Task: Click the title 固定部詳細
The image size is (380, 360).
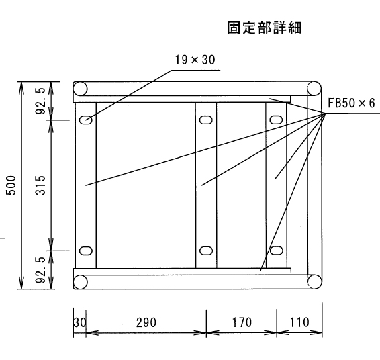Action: click(265, 28)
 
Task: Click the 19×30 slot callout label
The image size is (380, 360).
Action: click(195, 60)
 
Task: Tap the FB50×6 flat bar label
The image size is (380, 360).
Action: click(351, 103)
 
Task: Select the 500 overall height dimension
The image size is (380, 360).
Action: click(11, 185)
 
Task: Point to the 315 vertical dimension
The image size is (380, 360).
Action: click(40, 185)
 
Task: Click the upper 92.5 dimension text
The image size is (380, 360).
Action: click(40, 101)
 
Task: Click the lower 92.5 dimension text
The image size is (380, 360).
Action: click(40, 270)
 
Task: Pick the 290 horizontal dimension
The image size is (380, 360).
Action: click(146, 322)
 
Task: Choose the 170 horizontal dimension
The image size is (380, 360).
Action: click(242, 322)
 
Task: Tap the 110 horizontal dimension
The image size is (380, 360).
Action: click(299, 322)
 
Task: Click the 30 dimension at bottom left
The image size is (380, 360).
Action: click(79, 322)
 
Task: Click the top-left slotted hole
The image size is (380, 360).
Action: click(86, 120)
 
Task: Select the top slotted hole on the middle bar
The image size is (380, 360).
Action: click(206, 120)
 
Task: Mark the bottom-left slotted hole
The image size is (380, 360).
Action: click(86, 251)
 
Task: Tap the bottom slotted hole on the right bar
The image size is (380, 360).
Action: click(277, 251)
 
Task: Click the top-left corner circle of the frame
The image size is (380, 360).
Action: click(80, 89)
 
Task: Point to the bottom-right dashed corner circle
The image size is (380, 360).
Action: click(314, 281)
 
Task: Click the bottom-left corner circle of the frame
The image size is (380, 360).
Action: click(80, 281)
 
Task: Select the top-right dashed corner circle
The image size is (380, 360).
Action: click(314, 89)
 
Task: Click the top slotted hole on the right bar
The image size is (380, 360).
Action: click(277, 120)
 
